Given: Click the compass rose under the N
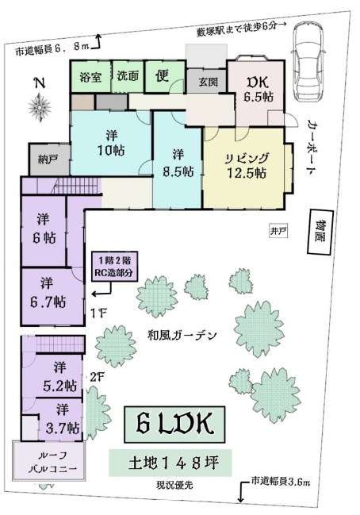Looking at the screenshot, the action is point(40,107).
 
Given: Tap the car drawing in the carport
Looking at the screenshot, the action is point(308,62).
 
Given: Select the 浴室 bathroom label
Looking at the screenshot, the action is point(90,77).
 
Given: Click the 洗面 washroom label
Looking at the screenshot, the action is point(128,76).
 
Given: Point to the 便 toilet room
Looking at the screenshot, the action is point(164,77).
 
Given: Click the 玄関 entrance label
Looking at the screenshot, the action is point(208,82).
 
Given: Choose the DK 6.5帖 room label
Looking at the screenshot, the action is point(259,89).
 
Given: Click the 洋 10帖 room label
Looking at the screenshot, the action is point(110,143).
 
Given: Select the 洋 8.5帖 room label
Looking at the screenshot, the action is point(178,163).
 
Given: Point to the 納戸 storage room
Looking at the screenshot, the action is point(49,159).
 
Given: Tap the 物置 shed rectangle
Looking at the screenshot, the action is point(320,233).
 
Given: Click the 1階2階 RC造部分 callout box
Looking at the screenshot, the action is point(114,267).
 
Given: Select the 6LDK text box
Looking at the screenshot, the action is point(174,425).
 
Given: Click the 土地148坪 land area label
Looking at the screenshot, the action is point(170,463).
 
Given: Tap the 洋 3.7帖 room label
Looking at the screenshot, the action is point(63,419).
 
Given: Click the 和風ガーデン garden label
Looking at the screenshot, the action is point(182,336).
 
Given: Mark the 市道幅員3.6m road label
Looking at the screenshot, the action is point(281,482).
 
